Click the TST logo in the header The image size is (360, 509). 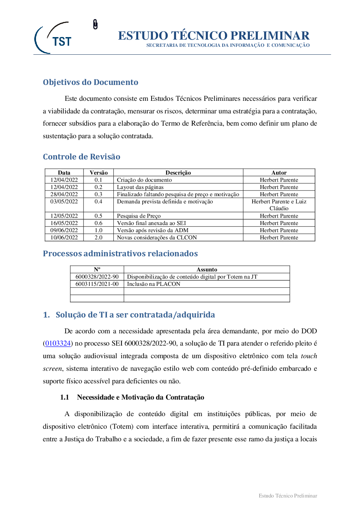tap(54, 38)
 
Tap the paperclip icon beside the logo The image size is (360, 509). tap(95, 24)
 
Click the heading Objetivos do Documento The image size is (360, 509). tap(90, 82)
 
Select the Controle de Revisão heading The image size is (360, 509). tap(81, 157)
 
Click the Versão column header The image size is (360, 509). tap(99, 172)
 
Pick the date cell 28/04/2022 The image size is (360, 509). tap(64, 194)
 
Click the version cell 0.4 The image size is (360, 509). tap(98, 202)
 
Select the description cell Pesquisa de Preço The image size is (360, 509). tap(139, 216)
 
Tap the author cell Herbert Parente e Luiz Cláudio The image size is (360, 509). tap(279, 205)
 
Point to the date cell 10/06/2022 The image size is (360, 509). tap(64, 238)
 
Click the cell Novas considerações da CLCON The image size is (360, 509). tap(157, 238)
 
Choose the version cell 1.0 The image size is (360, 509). tap(98, 230)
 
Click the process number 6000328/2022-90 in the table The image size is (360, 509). tap(97, 277)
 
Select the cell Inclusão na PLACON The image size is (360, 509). tap(154, 284)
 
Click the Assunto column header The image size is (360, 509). tap(207, 269)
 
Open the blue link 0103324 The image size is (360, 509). tap(58, 343)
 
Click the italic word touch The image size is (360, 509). tap(309, 356)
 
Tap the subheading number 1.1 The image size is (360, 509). tap(64, 397)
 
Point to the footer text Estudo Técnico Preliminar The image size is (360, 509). tap(288, 496)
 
